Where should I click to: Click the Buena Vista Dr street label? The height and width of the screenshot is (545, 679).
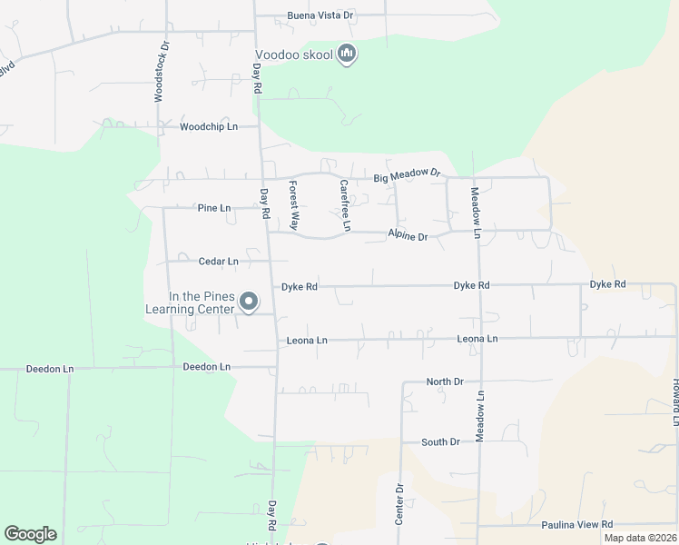(x=320, y=16)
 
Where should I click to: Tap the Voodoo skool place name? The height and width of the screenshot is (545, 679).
(x=294, y=55)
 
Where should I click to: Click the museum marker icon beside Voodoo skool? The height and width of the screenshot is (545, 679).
(x=346, y=54)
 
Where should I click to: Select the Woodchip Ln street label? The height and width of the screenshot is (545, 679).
(x=208, y=127)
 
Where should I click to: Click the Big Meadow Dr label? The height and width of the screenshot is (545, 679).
(x=407, y=173)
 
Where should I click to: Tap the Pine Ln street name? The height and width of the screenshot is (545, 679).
(x=214, y=208)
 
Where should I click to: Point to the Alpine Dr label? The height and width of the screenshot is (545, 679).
(x=408, y=236)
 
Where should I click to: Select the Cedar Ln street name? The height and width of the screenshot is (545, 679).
(x=218, y=262)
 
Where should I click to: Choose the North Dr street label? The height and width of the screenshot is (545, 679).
(x=445, y=382)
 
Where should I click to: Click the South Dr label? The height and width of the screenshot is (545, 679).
(x=440, y=442)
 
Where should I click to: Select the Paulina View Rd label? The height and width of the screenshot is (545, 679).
(x=577, y=525)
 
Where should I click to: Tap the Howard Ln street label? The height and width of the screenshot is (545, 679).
(x=674, y=401)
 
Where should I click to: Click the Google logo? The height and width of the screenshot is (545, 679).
(x=30, y=534)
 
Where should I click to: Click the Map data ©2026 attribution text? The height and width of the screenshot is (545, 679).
(x=640, y=538)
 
